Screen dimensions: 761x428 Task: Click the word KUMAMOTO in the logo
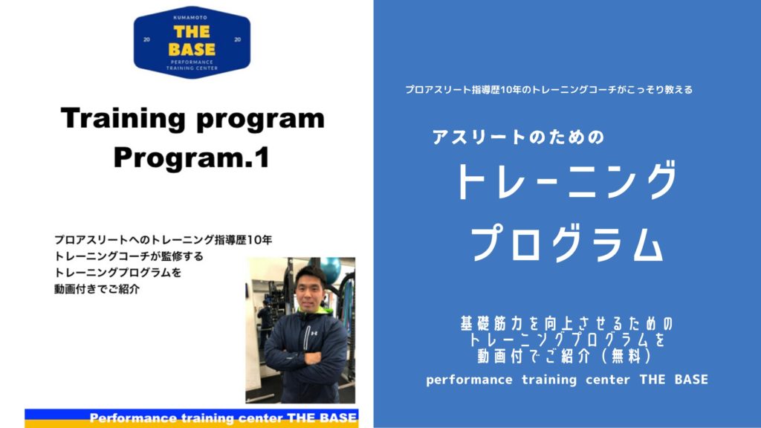point(192,18)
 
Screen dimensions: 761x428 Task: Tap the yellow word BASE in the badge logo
point(192,50)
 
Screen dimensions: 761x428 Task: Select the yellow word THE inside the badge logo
point(192,32)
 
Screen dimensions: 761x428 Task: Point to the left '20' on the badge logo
point(146,39)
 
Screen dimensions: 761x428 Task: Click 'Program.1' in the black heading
point(191,158)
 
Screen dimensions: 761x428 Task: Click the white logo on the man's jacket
point(314,333)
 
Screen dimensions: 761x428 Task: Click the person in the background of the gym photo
point(265,320)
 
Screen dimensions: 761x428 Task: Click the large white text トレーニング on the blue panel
point(566,181)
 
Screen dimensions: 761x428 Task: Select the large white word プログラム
point(566,243)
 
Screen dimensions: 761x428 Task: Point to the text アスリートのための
point(518,137)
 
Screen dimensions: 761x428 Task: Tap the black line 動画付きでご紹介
point(97,289)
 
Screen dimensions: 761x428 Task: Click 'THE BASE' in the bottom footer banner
point(322,418)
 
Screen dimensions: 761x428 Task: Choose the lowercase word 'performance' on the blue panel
point(469,380)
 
